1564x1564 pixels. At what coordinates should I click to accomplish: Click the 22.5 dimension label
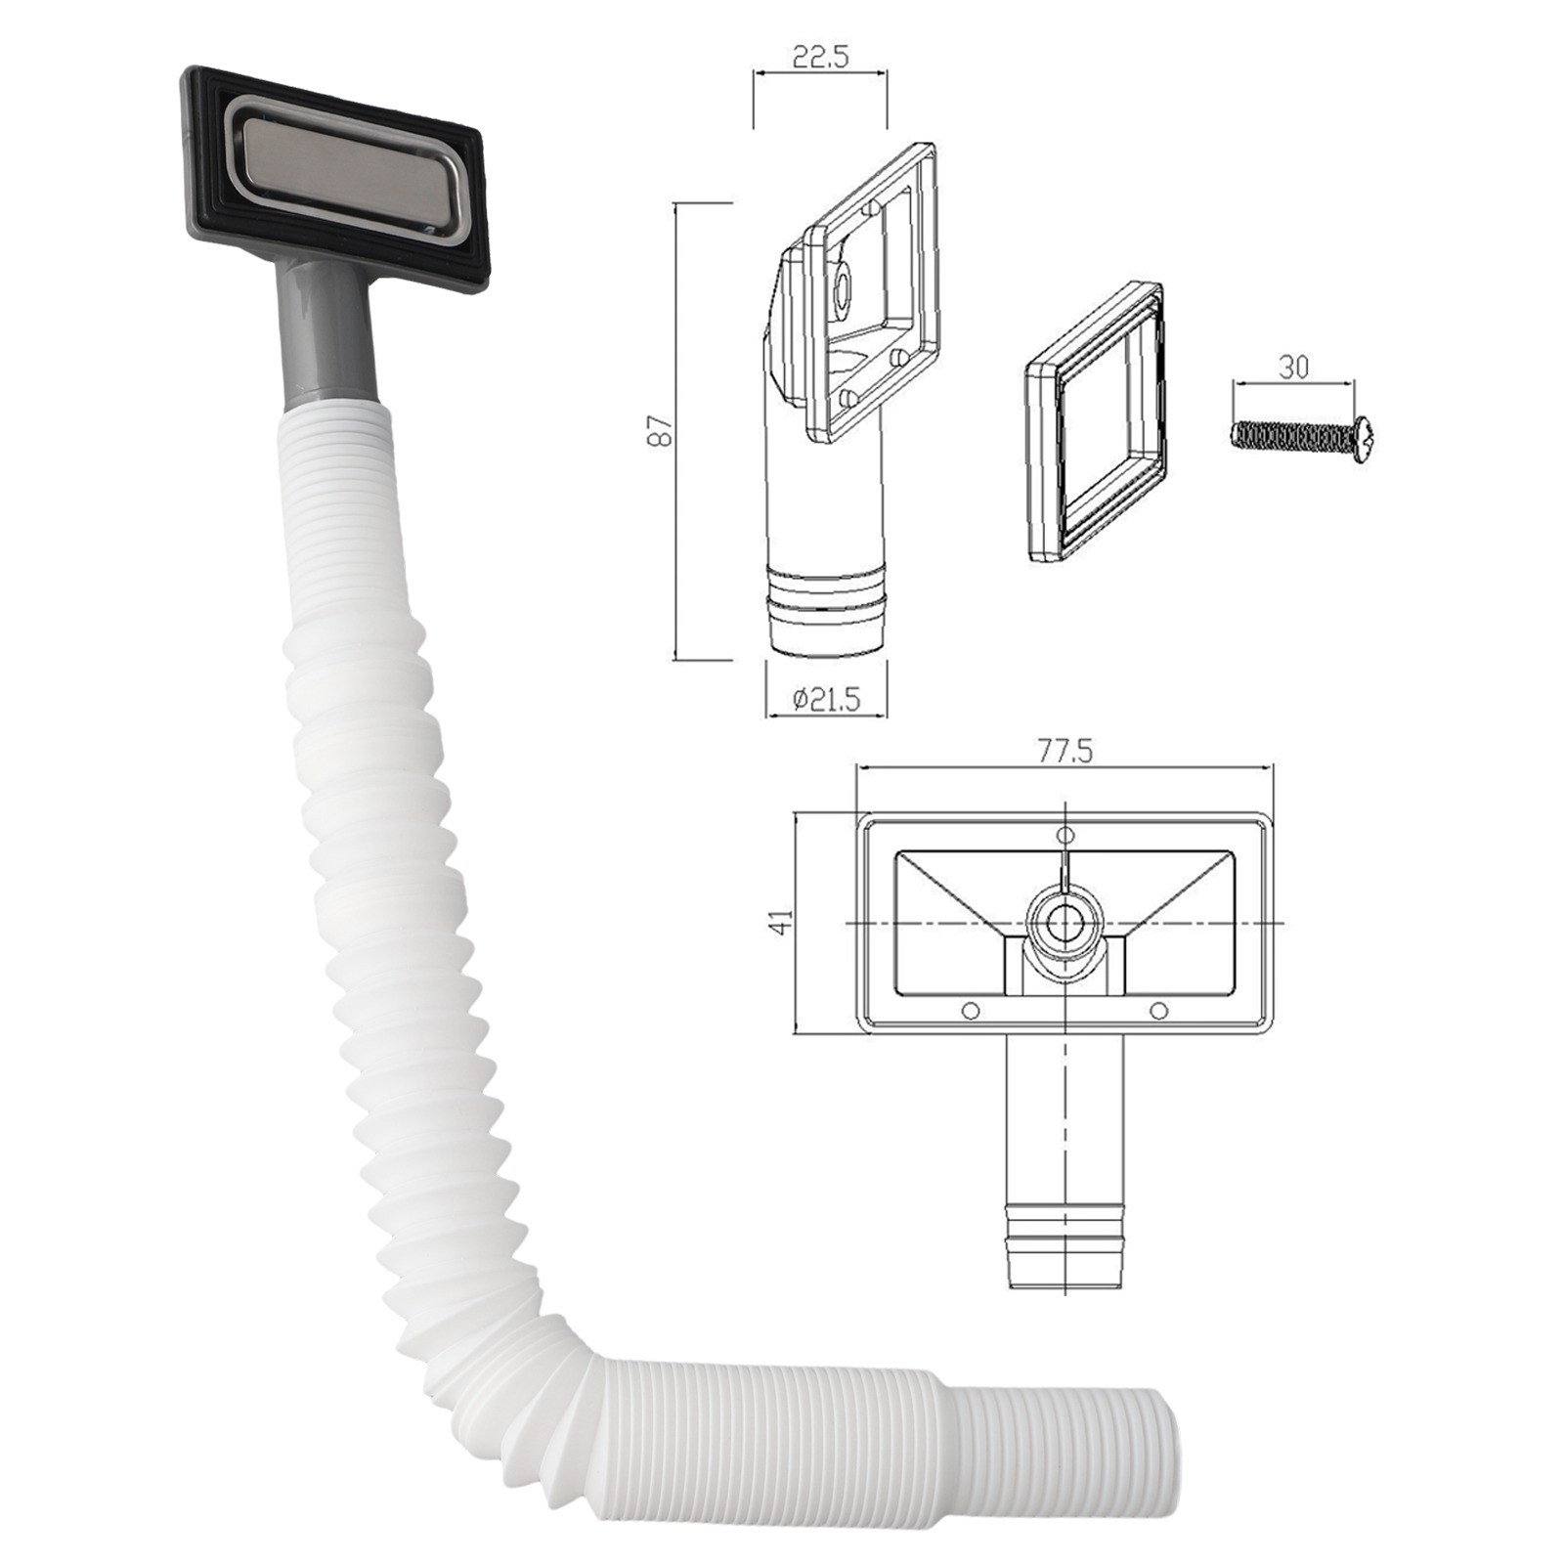(820, 57)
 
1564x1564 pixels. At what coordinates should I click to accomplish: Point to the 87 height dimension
(664, 431)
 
